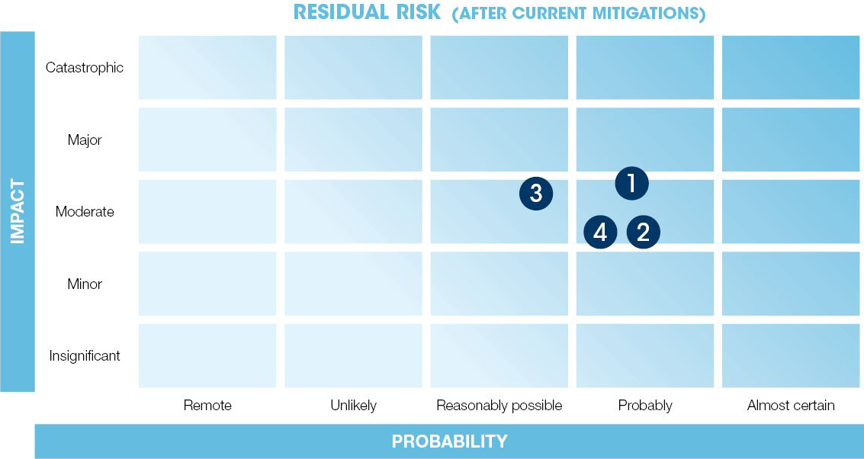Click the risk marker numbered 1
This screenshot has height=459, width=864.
(x=631, y=183)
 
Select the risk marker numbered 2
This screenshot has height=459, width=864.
(x=643, y=232)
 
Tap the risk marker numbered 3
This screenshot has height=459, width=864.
(x=536, y=194)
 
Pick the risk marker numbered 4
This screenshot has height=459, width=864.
(x=600, y=232)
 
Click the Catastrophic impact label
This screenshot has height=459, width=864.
(x=85, y=68)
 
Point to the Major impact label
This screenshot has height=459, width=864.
(x=85, y=140)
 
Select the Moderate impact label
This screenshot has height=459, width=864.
(x=85, y=212)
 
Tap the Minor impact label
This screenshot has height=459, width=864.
(x=85, y=284)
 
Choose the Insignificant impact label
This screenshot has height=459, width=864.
(x=85, y=356)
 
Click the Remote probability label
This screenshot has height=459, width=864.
(x=207, y=406)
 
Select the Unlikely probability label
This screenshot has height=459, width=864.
(x=353, y=406)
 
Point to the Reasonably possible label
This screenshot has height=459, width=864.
(x=499, y=406)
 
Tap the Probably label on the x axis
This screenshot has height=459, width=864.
(x=645, y=406)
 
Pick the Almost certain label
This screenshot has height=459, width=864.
(x=791, y=406)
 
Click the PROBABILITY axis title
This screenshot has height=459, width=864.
(x=450, y=441)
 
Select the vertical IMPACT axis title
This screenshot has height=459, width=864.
(x=18, y=212)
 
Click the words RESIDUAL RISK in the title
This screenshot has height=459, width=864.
(x=367, y=12)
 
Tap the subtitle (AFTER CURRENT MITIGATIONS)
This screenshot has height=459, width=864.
(x=579, y=13)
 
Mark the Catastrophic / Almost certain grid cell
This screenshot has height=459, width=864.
(x=791, y=68)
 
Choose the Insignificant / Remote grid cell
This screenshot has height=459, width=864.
(x=207, y=356)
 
